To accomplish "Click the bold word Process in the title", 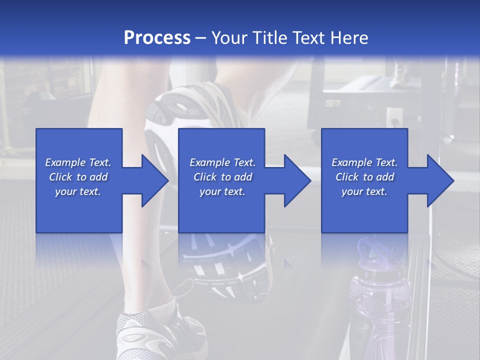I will tap(157, 37).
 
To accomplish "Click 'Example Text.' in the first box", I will tap(78, 162).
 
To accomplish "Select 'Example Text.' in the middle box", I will tap(222, 162).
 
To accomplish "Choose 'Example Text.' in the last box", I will tap(364, 162).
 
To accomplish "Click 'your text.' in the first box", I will tap(78, 191).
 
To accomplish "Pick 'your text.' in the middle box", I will tap(222, 191).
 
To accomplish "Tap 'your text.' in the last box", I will tap(364, 191).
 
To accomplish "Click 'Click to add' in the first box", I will tap(78, 177).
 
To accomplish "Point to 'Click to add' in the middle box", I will tap(222, 177).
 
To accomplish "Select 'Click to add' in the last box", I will tap(364, 177).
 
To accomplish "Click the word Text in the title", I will tap(310, 37).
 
